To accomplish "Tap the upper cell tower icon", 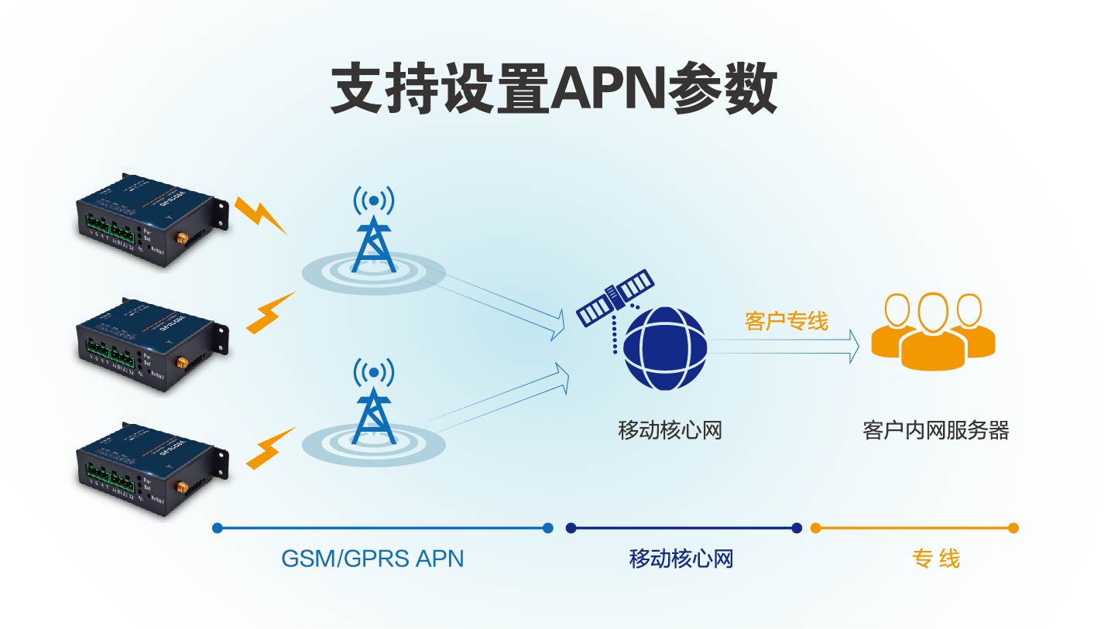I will click(374, 232).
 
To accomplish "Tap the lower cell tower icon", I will click(374, 402).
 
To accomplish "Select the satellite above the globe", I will click(615, 298).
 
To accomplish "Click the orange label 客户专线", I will click(786, 320).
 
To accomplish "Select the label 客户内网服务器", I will click(935, 430).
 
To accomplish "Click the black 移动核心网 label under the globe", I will click(670, 430).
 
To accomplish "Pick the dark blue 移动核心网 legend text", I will click(681, 558).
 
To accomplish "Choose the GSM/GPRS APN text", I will click(372, 558).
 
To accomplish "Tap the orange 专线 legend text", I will click(935, 558).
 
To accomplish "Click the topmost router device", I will click(151, 220).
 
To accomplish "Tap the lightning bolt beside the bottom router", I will click(270, 449).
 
